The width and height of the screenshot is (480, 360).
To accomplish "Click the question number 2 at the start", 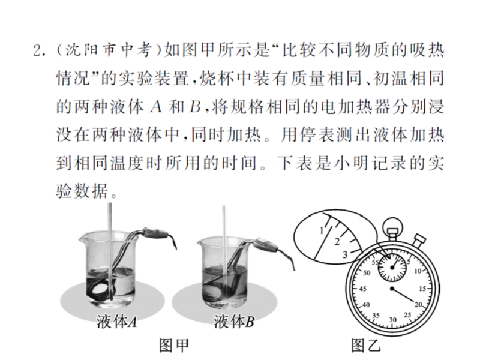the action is click(37, 51).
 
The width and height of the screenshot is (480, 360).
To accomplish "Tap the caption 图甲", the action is click(174, 346).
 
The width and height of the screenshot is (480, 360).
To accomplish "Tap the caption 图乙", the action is click(366, 346).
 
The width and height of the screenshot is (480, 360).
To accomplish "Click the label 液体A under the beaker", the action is click(116, 322).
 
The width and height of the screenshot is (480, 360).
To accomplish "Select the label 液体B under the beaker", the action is click(234, 322).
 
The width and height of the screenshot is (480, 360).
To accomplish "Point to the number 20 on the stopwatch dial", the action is click(418, 305).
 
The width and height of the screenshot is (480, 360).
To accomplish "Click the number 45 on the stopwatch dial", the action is click(363, 289).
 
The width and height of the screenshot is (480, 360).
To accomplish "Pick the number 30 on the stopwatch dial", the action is click(393, 320).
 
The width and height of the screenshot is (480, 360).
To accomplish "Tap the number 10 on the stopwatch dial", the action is click(418, 271).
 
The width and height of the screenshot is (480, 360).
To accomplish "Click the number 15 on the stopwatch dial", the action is click(422, 289).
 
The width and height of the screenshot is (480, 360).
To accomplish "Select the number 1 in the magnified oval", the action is click(322, 230).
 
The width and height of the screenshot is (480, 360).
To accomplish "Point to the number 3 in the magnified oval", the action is click(345, 254).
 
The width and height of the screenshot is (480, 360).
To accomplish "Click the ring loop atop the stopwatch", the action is click(393, 224).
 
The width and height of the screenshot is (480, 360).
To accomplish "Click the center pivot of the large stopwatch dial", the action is click(392, 289).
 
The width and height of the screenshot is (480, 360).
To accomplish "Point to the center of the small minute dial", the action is click(392, 268).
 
